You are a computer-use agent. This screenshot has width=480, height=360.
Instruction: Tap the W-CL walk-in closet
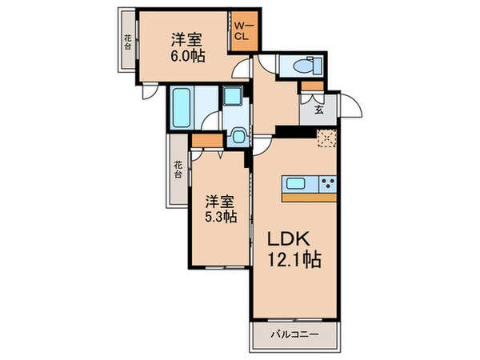(242, 32)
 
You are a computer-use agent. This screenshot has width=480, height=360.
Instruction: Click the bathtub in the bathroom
(180, 107)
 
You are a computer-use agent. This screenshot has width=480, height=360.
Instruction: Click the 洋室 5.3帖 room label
(218, 208)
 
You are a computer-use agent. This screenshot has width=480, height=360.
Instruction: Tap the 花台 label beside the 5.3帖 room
(177, 169)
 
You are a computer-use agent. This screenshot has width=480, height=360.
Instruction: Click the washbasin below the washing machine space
(237, 136)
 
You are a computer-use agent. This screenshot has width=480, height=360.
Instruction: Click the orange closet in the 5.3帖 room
(206, 142)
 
